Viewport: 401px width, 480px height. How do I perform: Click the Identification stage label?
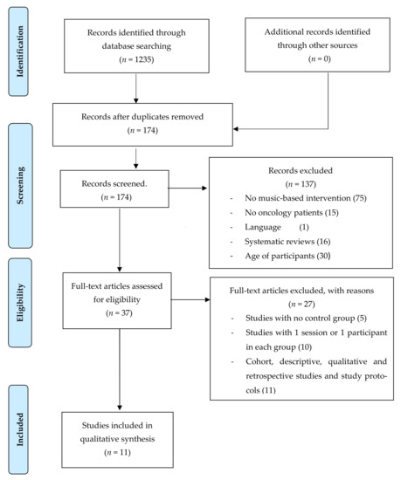20,51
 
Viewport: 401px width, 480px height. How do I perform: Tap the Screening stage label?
20,186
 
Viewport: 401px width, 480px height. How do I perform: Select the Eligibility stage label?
20,303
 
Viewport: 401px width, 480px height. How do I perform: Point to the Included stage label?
20,429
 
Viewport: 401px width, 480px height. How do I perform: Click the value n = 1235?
136,59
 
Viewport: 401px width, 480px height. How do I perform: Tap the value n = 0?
320,58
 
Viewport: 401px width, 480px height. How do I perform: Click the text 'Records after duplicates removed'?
142,117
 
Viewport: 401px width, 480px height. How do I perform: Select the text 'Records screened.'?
114,183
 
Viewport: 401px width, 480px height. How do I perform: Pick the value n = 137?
301,184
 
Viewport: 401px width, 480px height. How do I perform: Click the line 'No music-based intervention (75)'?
306,198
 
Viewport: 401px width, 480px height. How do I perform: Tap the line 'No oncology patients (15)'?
292,212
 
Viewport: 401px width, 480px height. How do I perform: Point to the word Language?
263,227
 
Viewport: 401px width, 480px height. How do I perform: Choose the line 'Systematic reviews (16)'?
287,242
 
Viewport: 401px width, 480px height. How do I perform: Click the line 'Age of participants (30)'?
287,256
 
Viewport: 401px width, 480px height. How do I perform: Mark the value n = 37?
119,313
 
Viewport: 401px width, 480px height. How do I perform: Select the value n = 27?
301,304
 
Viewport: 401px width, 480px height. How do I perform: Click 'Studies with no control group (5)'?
306,319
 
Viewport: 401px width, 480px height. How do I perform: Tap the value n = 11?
117,452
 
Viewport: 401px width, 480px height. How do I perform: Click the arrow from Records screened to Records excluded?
188,188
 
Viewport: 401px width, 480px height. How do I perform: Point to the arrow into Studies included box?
120,369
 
